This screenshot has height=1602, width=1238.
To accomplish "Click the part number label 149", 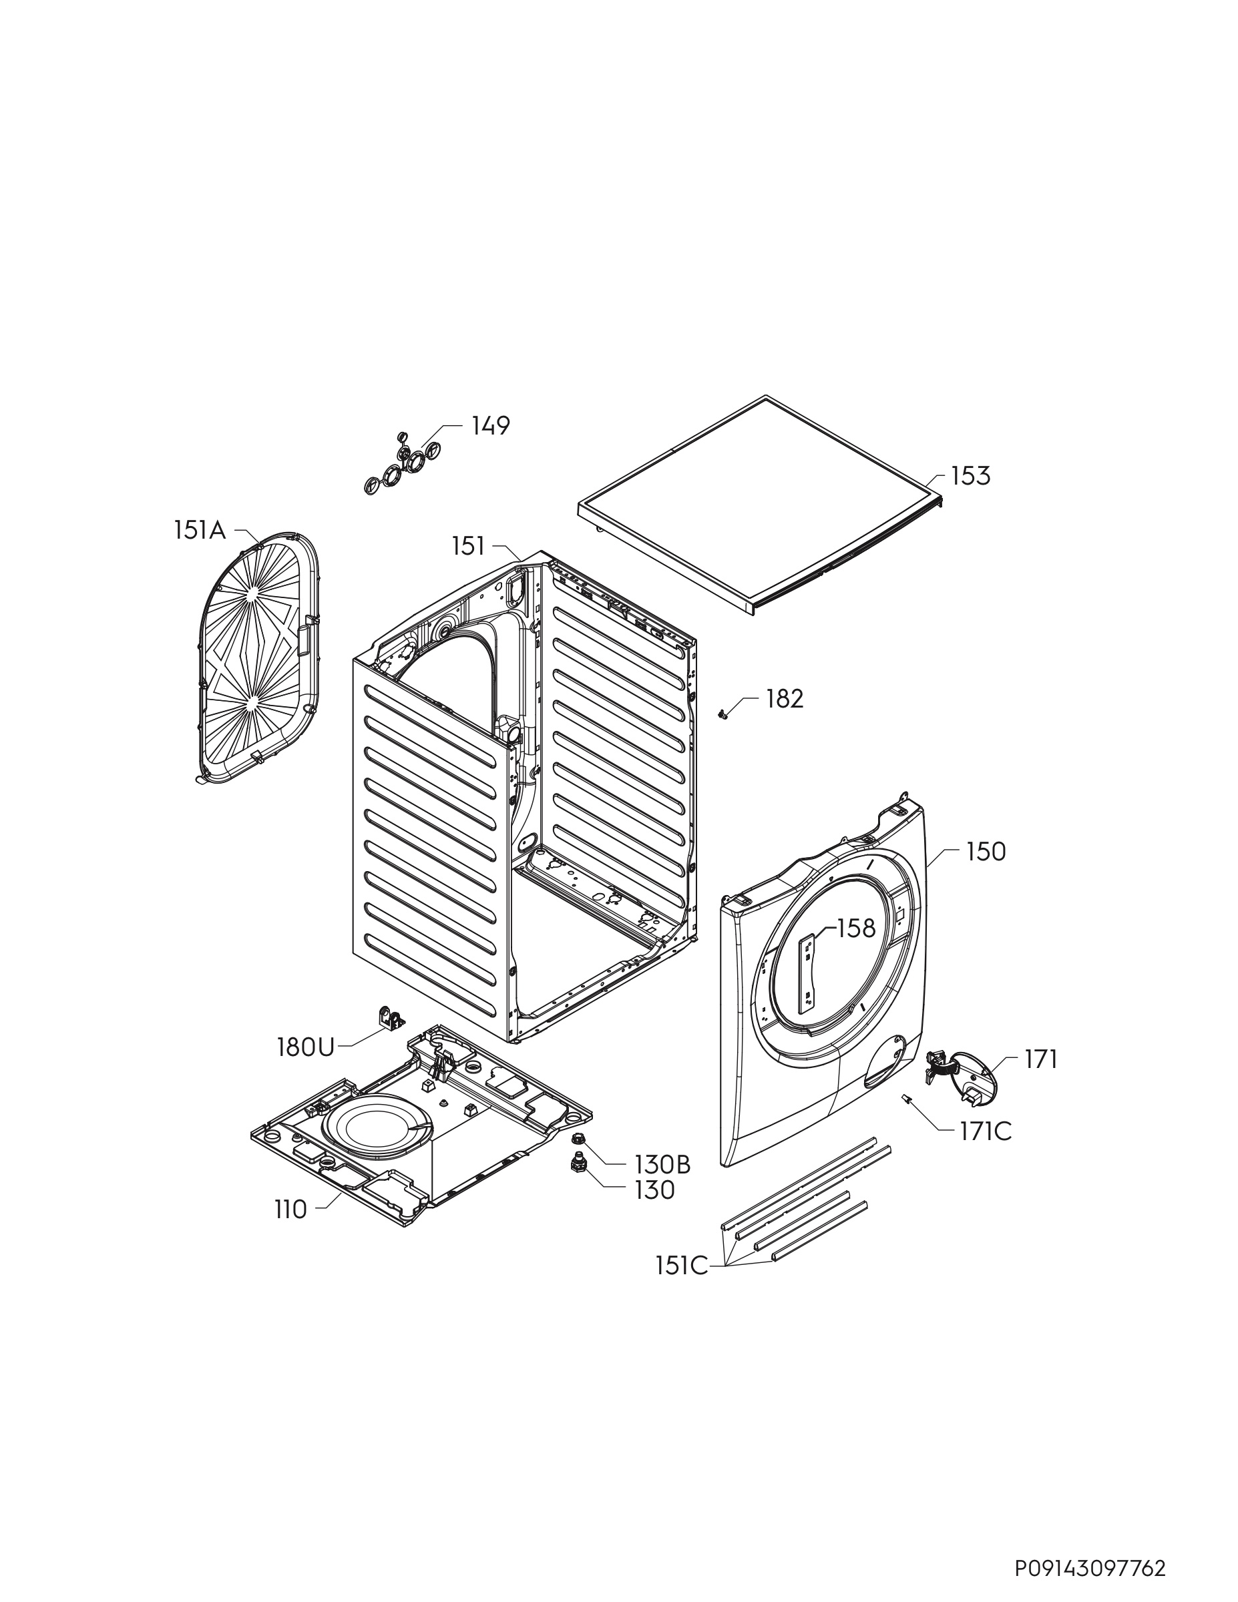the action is pyautogui.click(x=490, y=425).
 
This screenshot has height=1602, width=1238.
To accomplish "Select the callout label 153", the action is pyautogui.click(x=970, y=476).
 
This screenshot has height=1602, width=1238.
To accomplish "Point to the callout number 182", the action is pyautogui.click(x=785, y=699).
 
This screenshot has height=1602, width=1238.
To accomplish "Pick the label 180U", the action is pyautogui.click(x=305, y=1047).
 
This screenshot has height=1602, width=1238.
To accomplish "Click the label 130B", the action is pyautogui.click(x=662, y=1164).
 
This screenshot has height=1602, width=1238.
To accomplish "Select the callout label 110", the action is pyautogui.click(x=290, y=1210).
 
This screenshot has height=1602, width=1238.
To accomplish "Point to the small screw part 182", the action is pyautogui.click(x=721, y=713).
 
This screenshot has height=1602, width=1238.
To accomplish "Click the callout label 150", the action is pyautogui.click(x=986, y=852).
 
